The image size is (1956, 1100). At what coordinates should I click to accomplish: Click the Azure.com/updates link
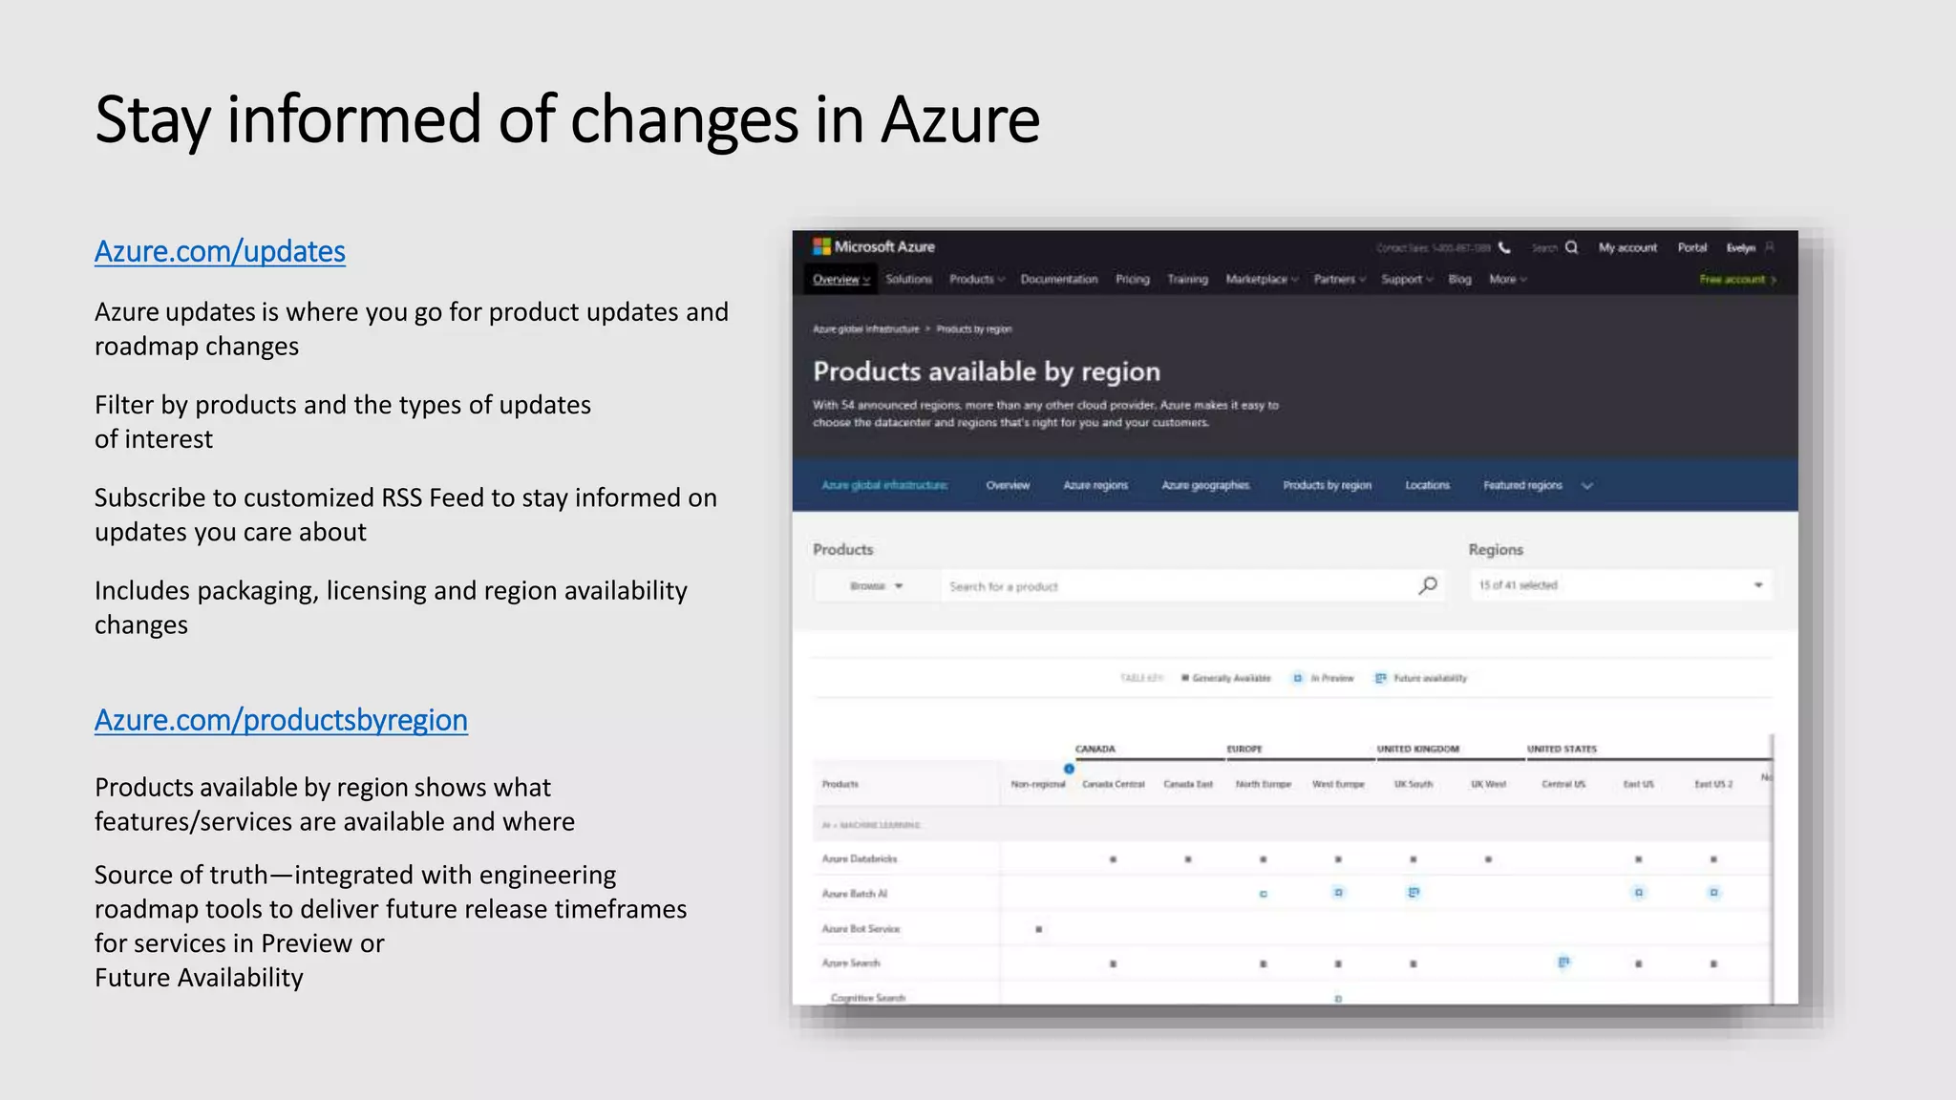click(x=220, y=251)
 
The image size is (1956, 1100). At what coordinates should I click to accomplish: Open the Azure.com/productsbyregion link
click(x=281, y=720)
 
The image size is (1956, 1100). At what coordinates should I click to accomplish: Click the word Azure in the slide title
click(x=960, y=120)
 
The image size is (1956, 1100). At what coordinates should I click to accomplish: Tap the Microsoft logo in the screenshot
click(x=821, y=246)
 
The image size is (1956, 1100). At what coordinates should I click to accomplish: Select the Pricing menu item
click(x=1133, y=280)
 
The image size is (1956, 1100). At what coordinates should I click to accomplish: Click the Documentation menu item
click(x=1058, y=280)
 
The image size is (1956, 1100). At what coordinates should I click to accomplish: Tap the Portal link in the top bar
click(x=1691, y=247)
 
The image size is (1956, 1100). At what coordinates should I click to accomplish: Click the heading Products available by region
click(x=987, y=371)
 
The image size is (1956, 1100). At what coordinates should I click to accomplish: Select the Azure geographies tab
click(x=1205, y=485)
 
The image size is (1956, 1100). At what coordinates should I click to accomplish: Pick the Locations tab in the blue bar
click(x=1427, y=485)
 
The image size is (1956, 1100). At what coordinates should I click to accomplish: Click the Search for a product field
click(x=1175, y=586)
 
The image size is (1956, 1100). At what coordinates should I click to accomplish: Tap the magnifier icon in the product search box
click(x=1428, y=585)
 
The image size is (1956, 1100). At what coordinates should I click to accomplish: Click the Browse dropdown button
click(x=876, y=586)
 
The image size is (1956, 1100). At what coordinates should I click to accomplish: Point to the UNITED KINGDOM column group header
click(x=1417, y=750)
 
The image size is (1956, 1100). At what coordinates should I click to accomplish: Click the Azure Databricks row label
click(x=860, y=859)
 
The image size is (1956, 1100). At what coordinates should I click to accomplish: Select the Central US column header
click(x=1563, y=784)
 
